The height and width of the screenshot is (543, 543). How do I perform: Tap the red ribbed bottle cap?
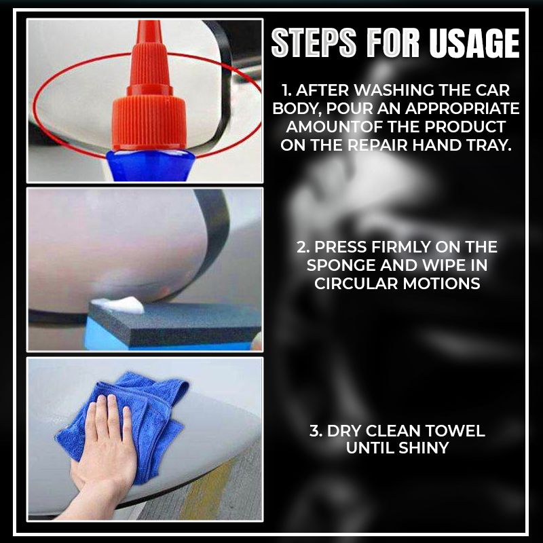click(149, 119)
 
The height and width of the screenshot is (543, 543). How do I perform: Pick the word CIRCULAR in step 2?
click(356, 283)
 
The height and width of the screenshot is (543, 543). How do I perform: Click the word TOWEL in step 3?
click(460, 431)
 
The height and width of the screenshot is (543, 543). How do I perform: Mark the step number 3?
click(314, 431)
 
